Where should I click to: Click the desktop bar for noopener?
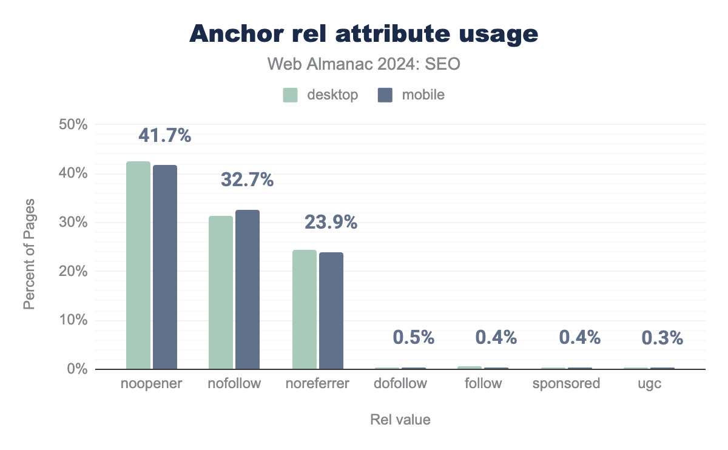pyautogui.click(x=138, y=265)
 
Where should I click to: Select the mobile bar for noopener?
pyautogui.click(x=165, y=267)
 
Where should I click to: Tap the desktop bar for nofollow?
pyautogui.click(x=221, y=292)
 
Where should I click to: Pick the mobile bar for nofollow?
pyautogui.click(x=248, y=289)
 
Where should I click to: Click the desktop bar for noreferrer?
pyautogui.click(x=304, y=309)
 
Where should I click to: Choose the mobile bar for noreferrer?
pyautogui.click(x=331, y=311)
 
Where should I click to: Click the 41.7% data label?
pyautogui.click(x=165, y=136)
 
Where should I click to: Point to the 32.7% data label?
pyautogui.click(x=248, y=180)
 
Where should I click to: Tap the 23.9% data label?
pyautogui.click(x=331, y=223)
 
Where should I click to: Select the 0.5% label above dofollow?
pyautogui.click(x=414, y=337)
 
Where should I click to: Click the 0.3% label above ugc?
pyautogui.click(x=662, y=337)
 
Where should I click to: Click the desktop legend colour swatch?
pyautogui.click(x=291, y=95)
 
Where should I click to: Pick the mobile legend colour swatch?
pyautogui.click(x=385, y=95)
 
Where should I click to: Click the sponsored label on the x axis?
pyautogui.click(x=566, y=383)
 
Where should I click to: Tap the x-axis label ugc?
pyautogui.click(x=649, y=383)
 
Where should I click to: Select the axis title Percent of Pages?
pyautogui.click(x=29, y=253)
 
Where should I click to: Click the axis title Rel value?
pyautogui.click(x=400, y=420)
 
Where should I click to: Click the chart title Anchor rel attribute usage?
pyautogui.click(x=364, y=34)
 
